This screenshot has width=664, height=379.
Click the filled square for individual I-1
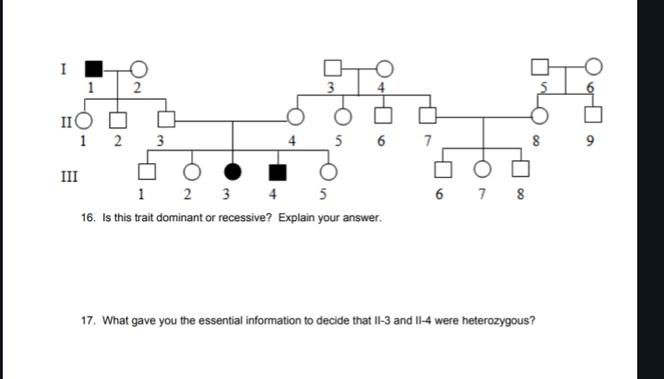[x=92, y=68]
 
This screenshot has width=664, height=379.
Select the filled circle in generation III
[x=233, y=172]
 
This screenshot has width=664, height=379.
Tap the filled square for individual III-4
[x=276, y=172]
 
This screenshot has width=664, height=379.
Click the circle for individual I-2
[x=138, y=68]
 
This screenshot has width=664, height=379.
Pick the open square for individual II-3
[x=165, y=119]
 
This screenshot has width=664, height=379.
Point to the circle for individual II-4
[x=296, y=118]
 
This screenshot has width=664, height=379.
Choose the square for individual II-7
[x=426, y=118]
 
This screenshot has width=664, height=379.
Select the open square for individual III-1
[x=144, y=172]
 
